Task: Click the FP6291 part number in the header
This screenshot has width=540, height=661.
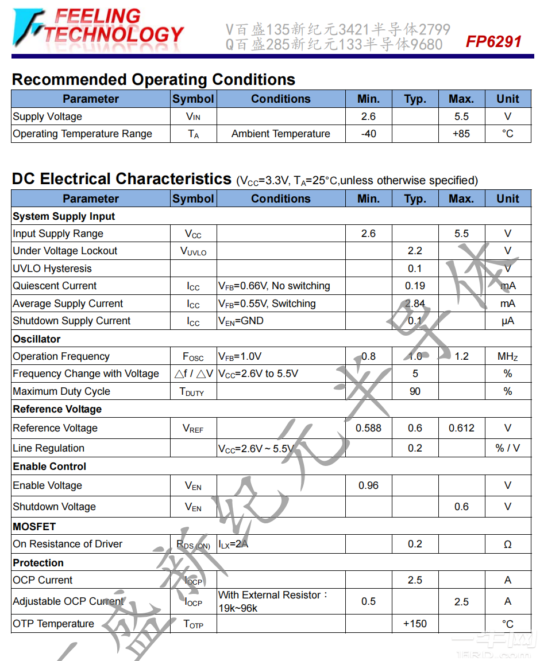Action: pos(493,42)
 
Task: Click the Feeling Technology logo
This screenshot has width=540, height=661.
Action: pos(98,27)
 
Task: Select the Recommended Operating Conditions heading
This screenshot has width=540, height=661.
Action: pos(153,80)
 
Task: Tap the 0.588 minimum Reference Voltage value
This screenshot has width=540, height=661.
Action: pos(368,428)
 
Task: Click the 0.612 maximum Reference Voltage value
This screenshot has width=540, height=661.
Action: pos(461,428)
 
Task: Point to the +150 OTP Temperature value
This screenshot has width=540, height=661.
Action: pos(415,624)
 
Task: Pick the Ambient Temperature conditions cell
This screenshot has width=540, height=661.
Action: pos(280,134)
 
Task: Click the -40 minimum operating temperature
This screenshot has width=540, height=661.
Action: pos(368,134)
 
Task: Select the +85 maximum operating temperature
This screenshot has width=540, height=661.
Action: pos(461,134)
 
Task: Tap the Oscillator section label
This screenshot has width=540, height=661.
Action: pos(37,339)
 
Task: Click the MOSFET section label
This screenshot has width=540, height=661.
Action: pos(34,526)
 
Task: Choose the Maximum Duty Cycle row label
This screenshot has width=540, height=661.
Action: pos(61,391)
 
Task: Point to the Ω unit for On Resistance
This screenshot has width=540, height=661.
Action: pos(507,545)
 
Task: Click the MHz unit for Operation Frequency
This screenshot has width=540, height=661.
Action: pos(507,356)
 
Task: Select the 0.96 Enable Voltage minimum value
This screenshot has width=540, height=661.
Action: pos(368,485)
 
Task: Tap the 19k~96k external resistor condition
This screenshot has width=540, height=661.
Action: pos(238,608)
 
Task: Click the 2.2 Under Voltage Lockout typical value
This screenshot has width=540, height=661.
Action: pos(415,251)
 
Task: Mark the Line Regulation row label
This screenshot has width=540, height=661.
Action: pos(49,448)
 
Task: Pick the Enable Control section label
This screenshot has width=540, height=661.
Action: pos(49,466)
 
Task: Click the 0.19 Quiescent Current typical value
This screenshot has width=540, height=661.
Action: pos(415,286)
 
